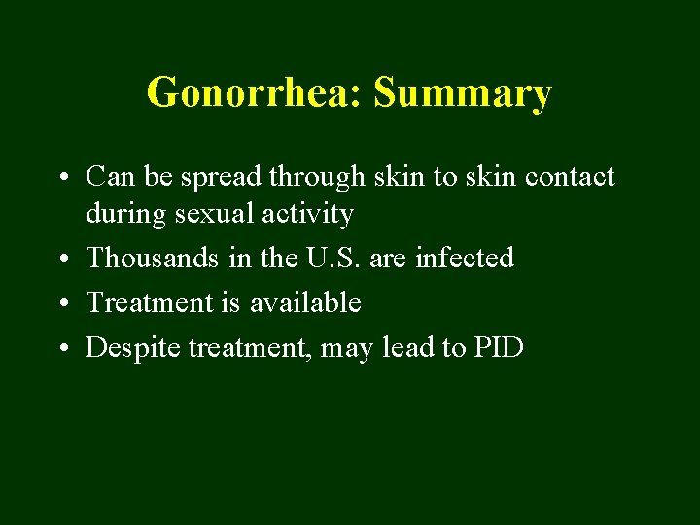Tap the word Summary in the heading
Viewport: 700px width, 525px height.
point(463,93)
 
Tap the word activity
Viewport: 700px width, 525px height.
point(307,214)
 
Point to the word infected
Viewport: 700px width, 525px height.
point(465,258)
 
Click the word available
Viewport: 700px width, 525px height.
point(305,302)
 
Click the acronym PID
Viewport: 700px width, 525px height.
point(499,347)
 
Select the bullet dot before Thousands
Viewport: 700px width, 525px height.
point(61,260)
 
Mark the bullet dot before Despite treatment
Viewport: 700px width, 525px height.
point(61,349)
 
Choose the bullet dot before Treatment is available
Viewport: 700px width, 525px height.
point(61,304)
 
